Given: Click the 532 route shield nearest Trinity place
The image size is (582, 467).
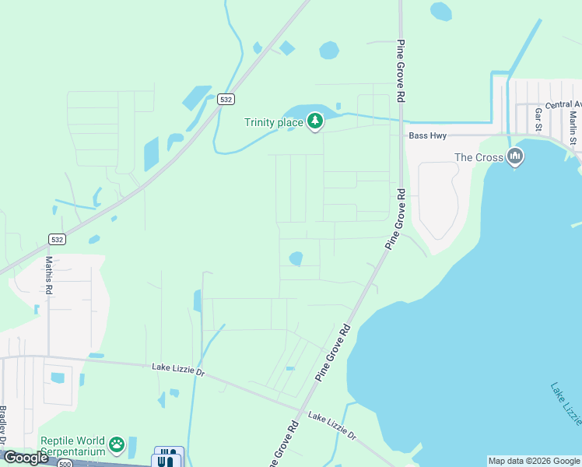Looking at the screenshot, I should click(x=226, y=99).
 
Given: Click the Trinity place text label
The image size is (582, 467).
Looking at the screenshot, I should click(x=273, y=122).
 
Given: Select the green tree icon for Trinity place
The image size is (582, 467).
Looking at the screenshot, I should click(x=314, y=121).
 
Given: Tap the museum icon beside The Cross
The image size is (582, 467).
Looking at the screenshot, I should click(x=514, y=157).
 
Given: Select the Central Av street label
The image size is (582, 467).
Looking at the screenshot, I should click(x=563, y=104).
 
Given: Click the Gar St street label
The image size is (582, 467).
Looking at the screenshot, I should click(x=538, y=120).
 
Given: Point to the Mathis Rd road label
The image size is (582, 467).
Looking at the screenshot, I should click(x=49, y=275).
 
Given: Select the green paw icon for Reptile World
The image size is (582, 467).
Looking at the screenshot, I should click(x=117, y=444).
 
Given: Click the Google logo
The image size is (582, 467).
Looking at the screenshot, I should click(x=26, y=458).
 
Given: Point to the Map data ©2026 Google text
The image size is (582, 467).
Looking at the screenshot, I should click(x=534, y=461).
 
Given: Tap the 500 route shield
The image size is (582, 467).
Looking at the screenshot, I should click(x=65, y=464).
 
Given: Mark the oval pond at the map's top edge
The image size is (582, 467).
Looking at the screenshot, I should click(x=440, y=10).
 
